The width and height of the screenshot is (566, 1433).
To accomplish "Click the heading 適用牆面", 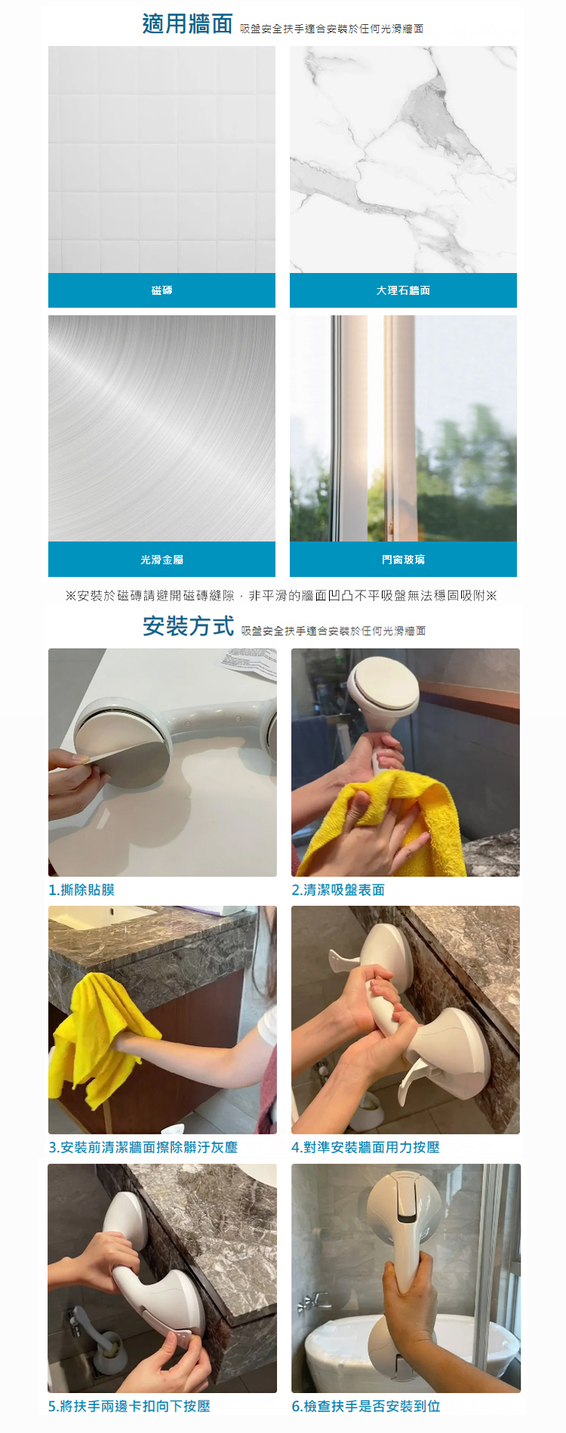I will pos(187,24).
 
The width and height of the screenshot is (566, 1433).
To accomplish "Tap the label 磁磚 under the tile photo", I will pos(161,290).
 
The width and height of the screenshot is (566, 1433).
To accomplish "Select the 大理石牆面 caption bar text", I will pos(403,290).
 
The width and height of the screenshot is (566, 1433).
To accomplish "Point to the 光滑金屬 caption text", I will pos(161,560).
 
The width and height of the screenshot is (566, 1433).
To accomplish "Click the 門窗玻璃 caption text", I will pos(403,560).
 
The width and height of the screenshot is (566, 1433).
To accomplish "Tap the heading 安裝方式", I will pos(188,626).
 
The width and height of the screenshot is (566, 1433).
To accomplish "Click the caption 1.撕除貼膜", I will pos(82,890).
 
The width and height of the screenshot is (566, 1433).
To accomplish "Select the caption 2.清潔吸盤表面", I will pos(338,890).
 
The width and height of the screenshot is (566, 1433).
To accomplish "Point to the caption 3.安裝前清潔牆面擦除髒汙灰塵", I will pos(143,1147).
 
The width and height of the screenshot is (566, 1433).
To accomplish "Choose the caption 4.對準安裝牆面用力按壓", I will pos(365,1147).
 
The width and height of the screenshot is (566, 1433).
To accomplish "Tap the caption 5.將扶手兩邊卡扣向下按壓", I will pos(129,1407).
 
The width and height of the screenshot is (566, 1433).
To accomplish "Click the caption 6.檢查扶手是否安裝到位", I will pos(365,1407).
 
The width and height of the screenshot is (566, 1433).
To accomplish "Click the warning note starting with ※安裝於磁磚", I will pos(281,596).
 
